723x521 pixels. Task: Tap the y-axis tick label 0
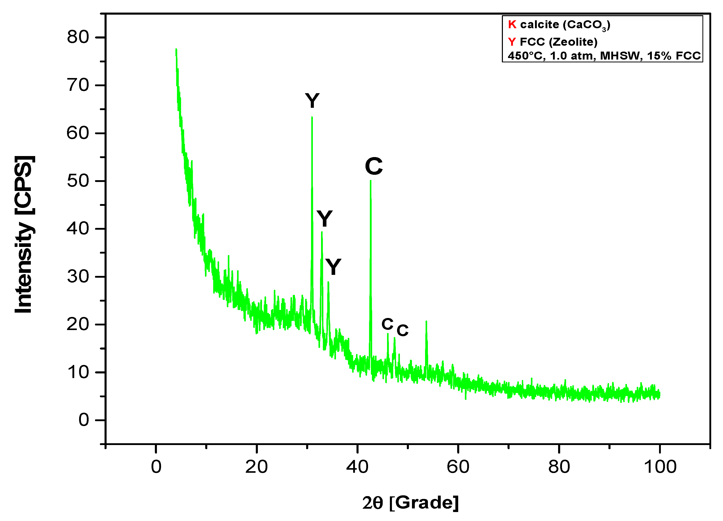click(x=83, y=420)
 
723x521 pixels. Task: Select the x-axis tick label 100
click(x=660, y=467)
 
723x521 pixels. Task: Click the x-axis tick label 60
click(x=458, y=467)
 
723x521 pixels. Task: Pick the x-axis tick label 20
click(x=257, y=467)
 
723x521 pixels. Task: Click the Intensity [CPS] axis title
click(x=24, y=234)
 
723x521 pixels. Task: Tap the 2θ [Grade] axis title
click(x=410, y=503)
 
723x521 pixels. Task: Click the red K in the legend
click(x=512, y=25)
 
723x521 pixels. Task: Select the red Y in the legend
click(x=512, y=42)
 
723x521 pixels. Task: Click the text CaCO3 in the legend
click(x=586, y=25)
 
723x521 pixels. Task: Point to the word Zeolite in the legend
click(x=573, y=42)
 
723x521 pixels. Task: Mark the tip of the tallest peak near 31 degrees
click(x=312, y=117)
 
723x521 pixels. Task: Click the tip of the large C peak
click(x=370, y=181)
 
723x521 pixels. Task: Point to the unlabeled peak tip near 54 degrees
click(x=426, y=321)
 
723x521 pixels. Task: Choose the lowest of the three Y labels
click(x=333, y=267)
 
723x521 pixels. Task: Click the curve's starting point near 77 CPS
click(x=176, y=49)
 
